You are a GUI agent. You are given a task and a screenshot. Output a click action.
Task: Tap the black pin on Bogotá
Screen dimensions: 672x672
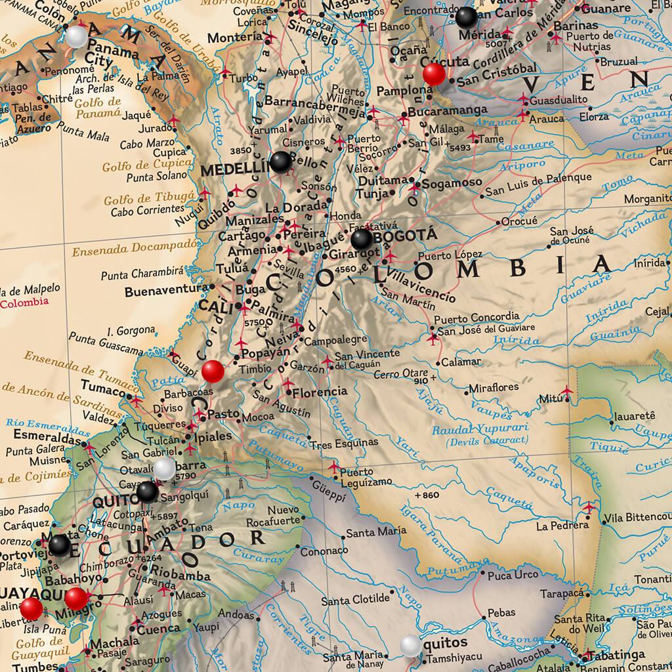(362, 240)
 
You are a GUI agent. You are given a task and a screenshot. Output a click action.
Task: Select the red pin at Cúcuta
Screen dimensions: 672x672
(433, 73)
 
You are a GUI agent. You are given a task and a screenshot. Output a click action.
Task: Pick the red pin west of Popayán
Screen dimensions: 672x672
(213, 371)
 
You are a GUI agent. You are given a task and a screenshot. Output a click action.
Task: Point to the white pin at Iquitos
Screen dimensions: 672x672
(411, 645)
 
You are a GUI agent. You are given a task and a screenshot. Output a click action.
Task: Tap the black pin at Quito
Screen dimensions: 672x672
(147, 492)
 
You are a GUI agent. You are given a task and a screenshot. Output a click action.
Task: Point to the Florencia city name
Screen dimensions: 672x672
(320, 392)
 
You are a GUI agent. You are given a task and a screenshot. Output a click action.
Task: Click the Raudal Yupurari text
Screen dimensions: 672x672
(469, 431)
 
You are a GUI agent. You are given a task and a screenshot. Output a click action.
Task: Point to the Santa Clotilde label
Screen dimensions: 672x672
(355, 600)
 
